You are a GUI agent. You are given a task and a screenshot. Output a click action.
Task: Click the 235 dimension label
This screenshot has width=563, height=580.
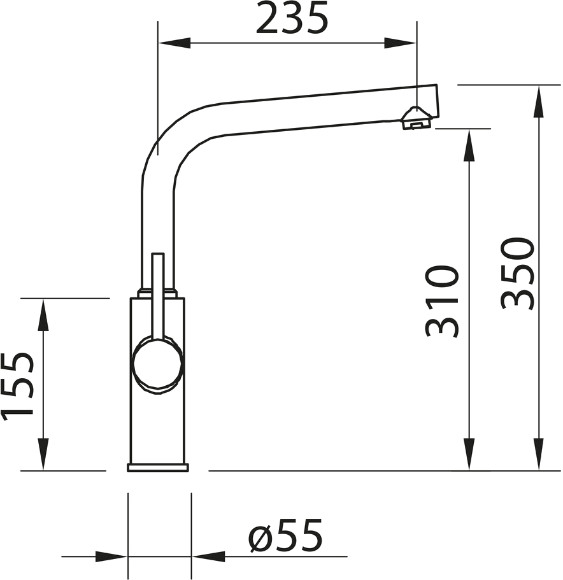pos(292,17)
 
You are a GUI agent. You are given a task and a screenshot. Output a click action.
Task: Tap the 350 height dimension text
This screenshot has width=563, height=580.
pos(518,273)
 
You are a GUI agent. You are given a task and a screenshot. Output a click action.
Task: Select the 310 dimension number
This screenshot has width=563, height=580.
pos(442,301)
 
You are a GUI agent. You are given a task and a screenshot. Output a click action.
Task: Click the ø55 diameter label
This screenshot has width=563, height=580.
pos(285,536)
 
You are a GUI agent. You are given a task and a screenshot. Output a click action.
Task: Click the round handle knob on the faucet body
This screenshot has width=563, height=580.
pos(158,365)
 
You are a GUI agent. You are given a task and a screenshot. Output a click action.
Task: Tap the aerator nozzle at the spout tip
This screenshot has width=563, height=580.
pos(416,118)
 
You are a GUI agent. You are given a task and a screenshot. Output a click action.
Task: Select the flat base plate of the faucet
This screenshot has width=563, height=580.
pos(158,467)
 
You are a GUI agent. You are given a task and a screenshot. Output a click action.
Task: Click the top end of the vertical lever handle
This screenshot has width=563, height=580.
pos(158,254)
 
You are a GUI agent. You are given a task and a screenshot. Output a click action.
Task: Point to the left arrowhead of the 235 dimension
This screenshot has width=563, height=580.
pos(175,43)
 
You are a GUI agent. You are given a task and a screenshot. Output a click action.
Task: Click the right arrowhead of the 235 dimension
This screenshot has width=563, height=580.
pos(401,43)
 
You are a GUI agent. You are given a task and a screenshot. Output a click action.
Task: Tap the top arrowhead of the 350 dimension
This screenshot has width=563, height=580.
pos(539,101)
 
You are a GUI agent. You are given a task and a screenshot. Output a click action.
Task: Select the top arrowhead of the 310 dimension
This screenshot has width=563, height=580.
pos(469,145)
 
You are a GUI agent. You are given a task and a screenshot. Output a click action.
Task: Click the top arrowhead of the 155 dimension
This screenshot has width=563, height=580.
pos(43,315)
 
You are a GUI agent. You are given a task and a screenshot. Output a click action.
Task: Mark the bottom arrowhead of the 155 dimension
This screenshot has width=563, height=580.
pos(43,454)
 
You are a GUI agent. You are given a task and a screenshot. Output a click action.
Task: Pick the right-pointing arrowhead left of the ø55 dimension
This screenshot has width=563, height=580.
pos(111,556)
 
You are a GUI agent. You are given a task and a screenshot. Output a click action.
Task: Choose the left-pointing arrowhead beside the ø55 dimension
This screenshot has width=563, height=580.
pos(208,556)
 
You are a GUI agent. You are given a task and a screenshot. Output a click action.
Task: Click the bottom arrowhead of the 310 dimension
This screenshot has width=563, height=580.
pos(469,454)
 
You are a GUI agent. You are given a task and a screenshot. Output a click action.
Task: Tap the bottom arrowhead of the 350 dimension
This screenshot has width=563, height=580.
pos(539,454)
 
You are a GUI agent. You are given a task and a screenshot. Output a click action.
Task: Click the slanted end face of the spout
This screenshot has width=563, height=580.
pos(438,100)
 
